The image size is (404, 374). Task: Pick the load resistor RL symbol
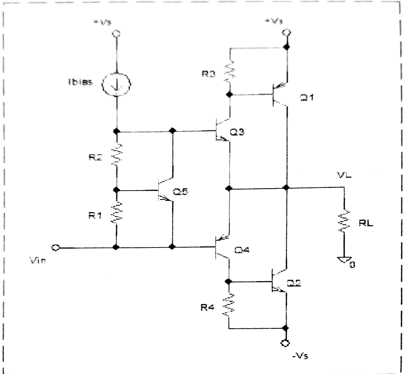pos(344,221)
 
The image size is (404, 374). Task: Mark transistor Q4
pos(223,247)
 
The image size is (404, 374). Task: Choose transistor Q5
pos(165,191)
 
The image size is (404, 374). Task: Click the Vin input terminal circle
pos(56,247)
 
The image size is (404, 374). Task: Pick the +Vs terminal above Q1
pos(286,33)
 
